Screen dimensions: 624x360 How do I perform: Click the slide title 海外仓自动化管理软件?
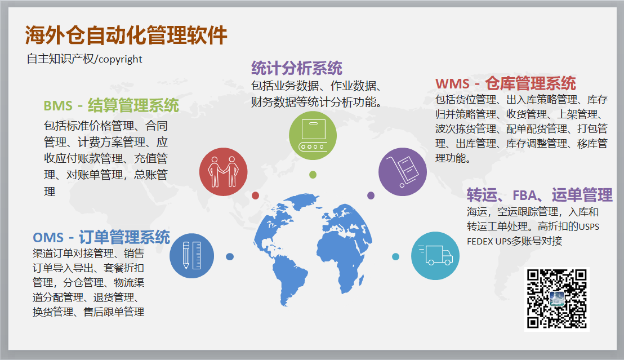pos(126,35)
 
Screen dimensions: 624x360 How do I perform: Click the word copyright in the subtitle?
pos(120,59)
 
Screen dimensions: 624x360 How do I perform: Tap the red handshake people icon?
pos(223,172)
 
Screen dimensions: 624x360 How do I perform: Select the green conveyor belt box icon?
pos(313,136)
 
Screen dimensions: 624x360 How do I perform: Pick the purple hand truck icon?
pos(403,172)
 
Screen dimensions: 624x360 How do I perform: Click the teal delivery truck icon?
pos(435,256)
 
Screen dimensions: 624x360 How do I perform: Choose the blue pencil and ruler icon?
pos(192,256)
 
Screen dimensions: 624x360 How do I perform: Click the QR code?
pos(557,299)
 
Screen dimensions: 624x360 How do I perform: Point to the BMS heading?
pos(112,105)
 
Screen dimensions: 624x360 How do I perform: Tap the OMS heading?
pos(101,237)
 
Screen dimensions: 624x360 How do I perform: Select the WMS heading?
pos(506,83)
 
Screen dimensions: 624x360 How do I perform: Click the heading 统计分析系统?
pos(297,68)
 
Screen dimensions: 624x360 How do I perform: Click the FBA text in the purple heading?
pos(524,195)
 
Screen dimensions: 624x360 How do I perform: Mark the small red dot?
pos(256,195)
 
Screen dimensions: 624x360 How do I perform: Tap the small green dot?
pos(313,175)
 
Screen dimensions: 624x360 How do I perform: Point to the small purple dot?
pos(371,195)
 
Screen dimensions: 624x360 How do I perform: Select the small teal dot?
pos(395,256)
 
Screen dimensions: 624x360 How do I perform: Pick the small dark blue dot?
pos(230,256)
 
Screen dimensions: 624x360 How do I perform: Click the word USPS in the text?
pos(589,227)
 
